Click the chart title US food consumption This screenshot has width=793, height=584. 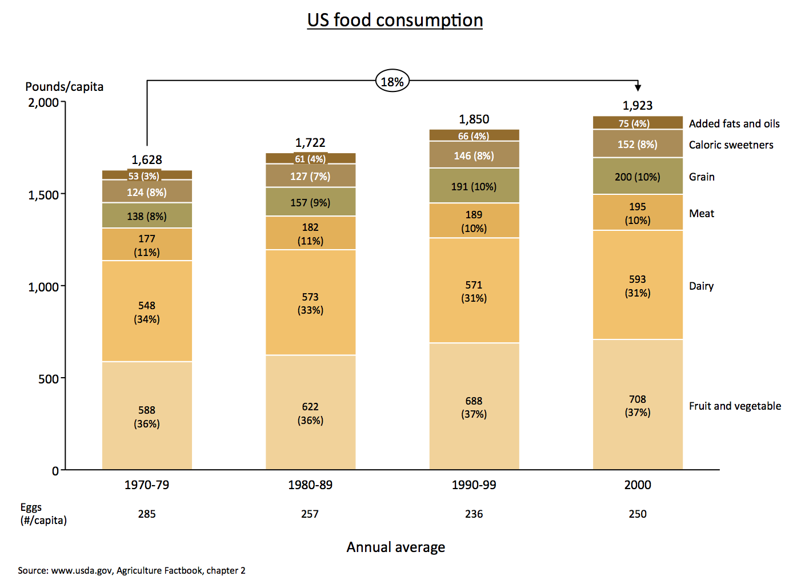395,20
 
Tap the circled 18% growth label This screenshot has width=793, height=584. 393,82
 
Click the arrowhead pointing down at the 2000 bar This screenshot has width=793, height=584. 638,87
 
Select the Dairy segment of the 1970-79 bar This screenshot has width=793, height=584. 147,311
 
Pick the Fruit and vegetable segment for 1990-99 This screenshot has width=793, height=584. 474,407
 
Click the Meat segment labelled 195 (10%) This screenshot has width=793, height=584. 638,213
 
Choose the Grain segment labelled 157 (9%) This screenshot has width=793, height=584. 310,202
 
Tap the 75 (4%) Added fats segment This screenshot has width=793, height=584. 638,123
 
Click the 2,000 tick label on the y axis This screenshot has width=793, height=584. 43,103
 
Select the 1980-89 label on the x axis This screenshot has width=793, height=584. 310,485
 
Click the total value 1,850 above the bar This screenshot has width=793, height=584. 474,119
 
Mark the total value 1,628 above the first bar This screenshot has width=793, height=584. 147,160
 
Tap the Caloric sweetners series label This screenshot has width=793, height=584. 731,145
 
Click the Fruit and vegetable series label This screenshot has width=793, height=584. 735,406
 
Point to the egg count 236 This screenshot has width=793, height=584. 474,514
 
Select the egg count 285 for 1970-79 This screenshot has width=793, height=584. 147,514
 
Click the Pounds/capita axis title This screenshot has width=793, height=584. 65,87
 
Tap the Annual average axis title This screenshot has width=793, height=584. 395,547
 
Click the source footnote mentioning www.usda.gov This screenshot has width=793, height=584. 131,570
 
